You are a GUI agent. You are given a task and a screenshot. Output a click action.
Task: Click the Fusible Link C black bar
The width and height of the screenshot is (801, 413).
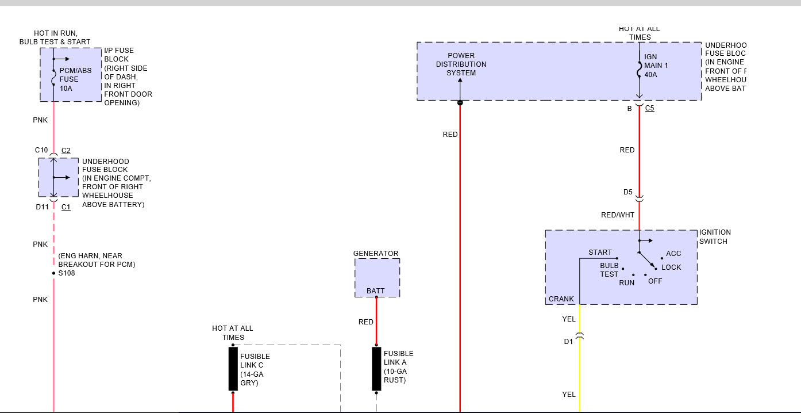(x=233, y=369)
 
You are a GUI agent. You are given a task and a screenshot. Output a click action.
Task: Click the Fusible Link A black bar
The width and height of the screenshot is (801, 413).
(x=376, y=369)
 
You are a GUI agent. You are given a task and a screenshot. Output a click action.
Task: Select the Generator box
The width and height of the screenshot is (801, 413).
(x=377, y=277)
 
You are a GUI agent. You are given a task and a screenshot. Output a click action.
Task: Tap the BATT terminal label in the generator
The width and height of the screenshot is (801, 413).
(x=376, y=291)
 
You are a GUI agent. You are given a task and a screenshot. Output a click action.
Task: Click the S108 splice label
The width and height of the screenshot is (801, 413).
(x=67, y=273)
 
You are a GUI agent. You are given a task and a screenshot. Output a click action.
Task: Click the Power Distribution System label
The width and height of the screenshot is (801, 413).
(x=461, y=64)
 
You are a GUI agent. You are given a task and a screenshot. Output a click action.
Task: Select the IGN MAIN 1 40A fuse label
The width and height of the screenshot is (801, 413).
(x=656, y=66)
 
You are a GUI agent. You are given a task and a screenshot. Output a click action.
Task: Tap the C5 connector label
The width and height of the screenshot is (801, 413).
(x=649, y=108)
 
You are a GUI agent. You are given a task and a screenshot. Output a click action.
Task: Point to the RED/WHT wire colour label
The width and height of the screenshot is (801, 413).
(x=618, y=215)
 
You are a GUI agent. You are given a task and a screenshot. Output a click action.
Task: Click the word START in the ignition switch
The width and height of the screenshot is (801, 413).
(x=600, y=253)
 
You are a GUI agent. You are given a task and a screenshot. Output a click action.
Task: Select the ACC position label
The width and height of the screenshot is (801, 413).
(x=673, y=254)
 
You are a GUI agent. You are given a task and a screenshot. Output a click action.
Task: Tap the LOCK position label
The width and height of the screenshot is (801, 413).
(x=671, y=267)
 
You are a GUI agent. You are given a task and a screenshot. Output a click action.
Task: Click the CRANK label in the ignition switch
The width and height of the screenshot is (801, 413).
(x=561, y=299)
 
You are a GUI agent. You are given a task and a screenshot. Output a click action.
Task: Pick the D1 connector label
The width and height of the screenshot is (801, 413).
(x=568, y=341)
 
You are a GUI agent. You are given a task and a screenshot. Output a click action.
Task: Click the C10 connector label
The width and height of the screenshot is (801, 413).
(x=41, y=150)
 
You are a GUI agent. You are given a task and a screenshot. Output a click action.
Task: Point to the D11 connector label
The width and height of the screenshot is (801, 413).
(x=43, y=206)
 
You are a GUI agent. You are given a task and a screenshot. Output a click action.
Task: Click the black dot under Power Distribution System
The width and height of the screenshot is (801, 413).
(x=460, y=103)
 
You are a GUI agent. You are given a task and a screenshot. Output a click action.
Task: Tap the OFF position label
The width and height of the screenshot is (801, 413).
(x=655, y=281)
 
